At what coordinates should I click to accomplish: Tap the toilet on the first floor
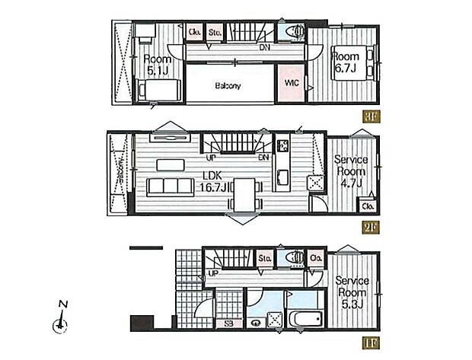[292, 259]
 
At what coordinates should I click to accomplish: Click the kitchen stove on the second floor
[282, 145]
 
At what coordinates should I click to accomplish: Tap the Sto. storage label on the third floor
[215, 32]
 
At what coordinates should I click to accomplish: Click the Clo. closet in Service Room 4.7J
[368, 206]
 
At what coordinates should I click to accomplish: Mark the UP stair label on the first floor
[213, 272]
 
